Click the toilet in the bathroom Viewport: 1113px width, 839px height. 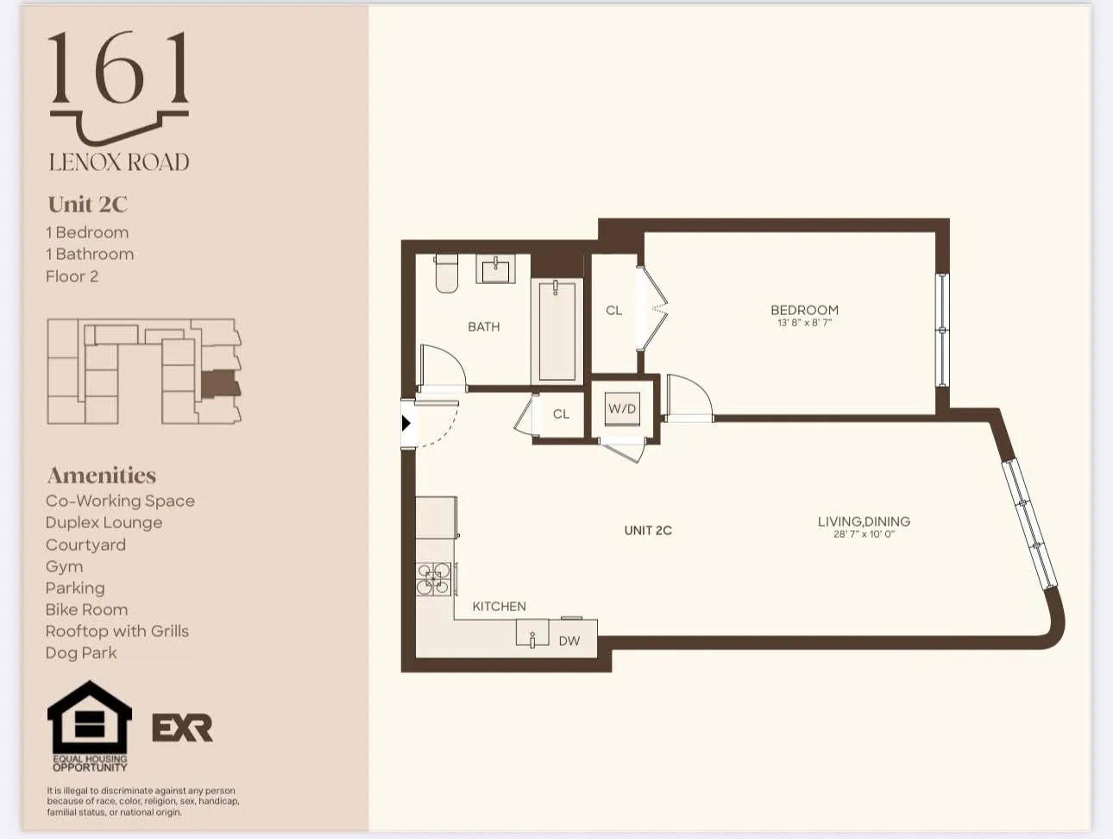coord(446,274)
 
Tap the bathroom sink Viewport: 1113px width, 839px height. coord(495,269)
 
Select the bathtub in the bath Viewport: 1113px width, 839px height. coord(556,330)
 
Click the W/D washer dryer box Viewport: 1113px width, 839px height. coord(622,409)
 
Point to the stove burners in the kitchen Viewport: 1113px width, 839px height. coord(433,579)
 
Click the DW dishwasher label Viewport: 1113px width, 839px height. coord(569,641)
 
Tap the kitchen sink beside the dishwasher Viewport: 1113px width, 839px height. coord(532,634)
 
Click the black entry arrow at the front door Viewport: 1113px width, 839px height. coord(406,423)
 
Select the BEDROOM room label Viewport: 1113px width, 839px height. coord(804,310)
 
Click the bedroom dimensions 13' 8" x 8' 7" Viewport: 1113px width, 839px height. coord(804,323)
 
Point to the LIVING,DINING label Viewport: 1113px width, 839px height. coord(864,521)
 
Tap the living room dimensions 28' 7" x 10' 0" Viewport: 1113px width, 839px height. coord(864,534)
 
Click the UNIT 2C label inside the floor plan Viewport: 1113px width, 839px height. coord(648,531)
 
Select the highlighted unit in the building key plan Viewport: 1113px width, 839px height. coord(220,384)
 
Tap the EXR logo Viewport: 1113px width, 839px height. coord(182,728)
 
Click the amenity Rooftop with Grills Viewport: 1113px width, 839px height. coord(117,631)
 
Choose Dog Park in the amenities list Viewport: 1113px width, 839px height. coord(81,653)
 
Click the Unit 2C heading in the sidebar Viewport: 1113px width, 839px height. coord(88,205)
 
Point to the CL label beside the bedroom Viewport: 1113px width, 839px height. coord(613,311)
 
